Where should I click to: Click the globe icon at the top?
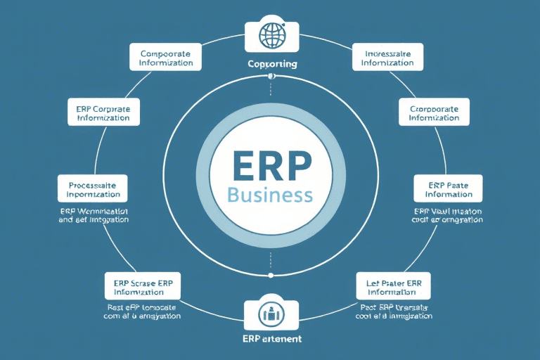coord(270,36)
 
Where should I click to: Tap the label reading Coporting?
coord(272,64)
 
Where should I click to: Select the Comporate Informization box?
coord(166,57)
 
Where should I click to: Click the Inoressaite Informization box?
coord(387,57)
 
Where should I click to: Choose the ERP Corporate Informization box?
coord(103,112)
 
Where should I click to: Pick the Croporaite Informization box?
coord(433,112)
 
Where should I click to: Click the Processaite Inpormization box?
coord(93,188)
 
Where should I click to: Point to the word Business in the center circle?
coord(270,195)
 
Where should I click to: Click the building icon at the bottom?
coord(270,314)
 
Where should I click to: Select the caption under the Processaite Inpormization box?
coord(94,214)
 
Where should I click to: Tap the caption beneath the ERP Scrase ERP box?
coord(142,311)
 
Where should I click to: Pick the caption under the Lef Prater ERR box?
coord(394,311)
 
